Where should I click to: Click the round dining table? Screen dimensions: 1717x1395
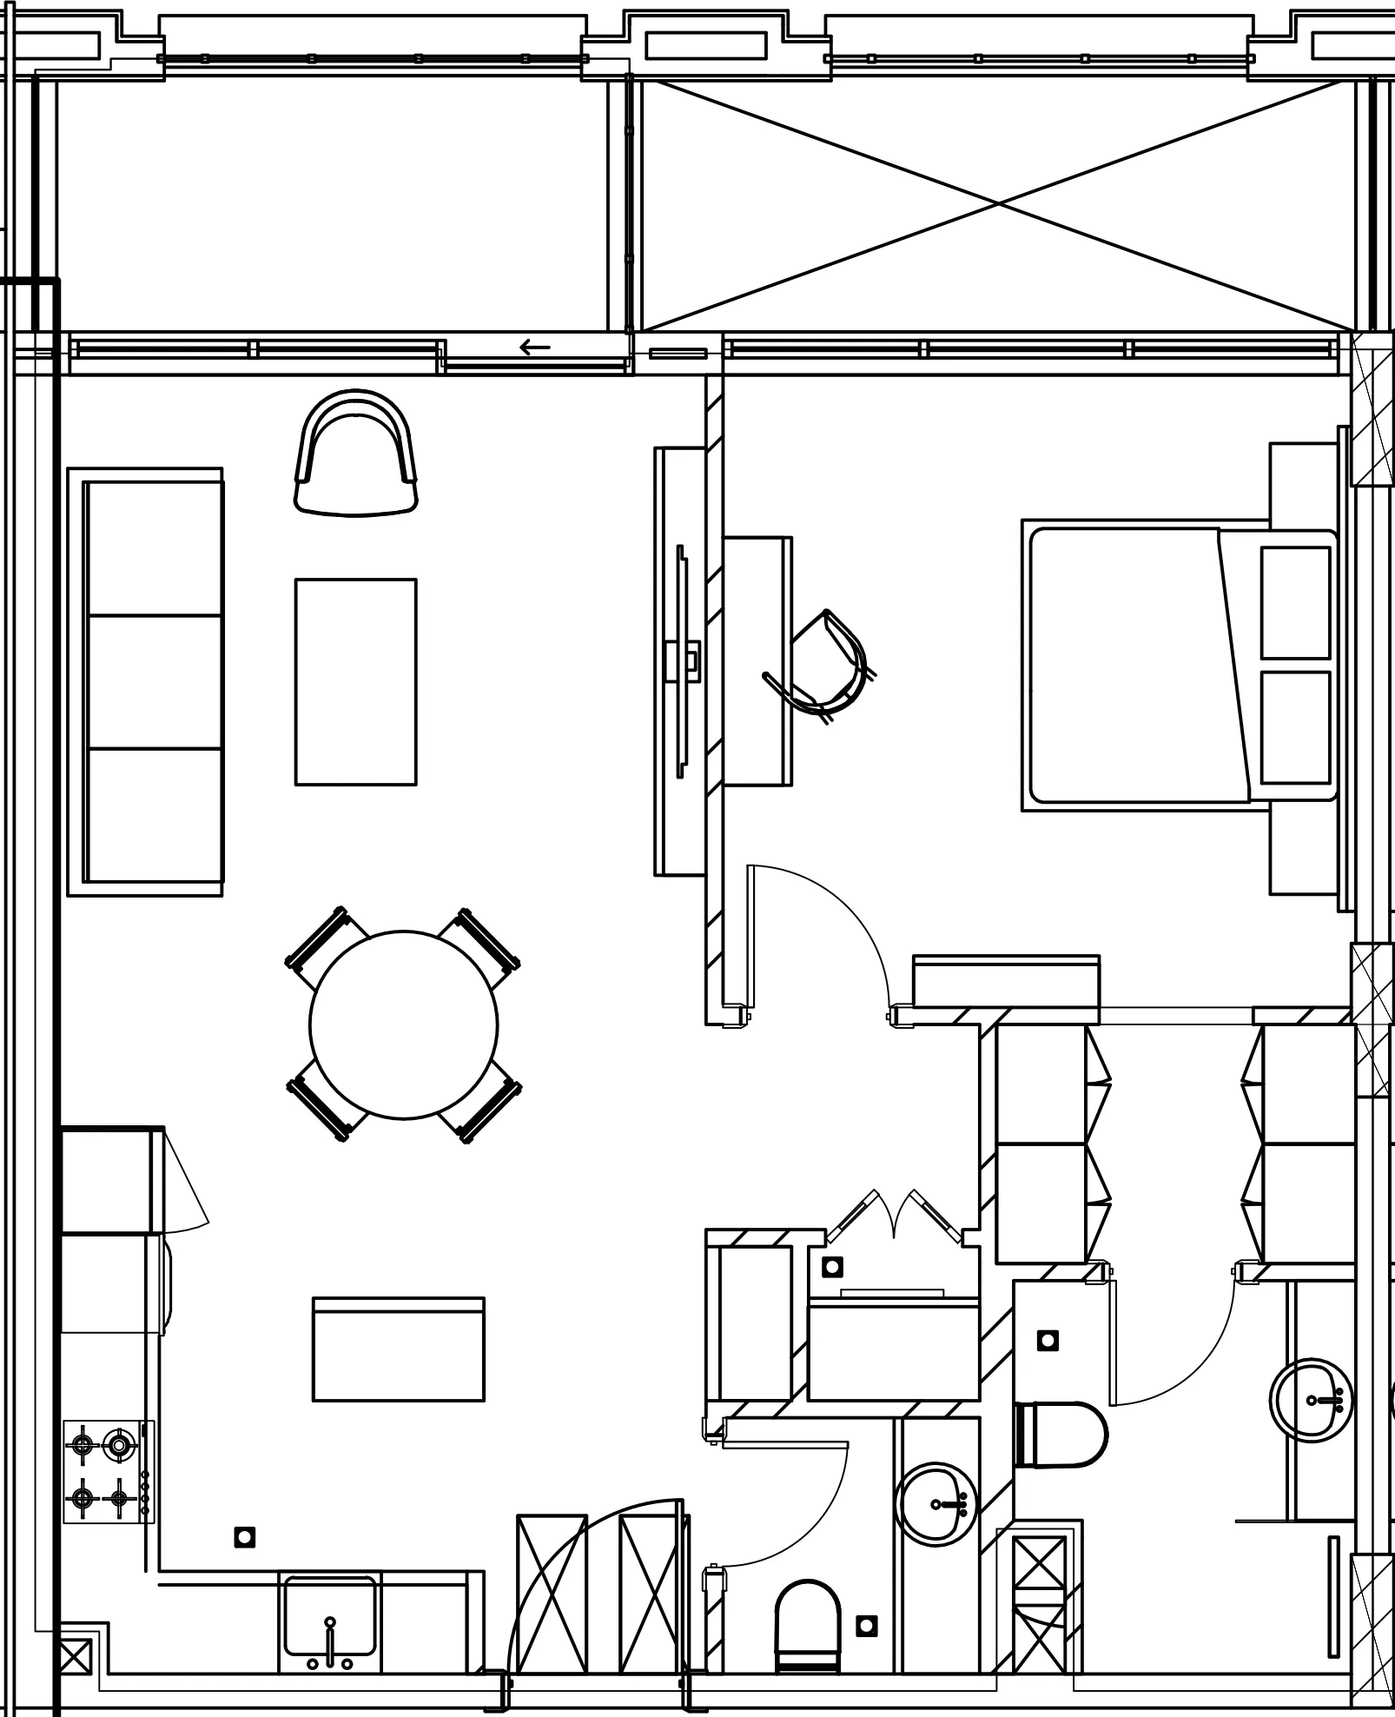pyautogui.click(x=403, y=1024)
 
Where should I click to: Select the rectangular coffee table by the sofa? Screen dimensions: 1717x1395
pyautogui.click(x=355, y=681)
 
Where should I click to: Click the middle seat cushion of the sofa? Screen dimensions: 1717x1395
pyautogui.click(x=155, y=682)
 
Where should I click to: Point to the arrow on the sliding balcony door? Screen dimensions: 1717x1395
pyautogui.click(x=535, y=348)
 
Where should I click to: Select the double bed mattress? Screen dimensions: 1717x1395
pyautogui.click(x=1129, y=665)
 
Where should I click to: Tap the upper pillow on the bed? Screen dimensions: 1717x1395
pyautogui.click(x=1295, y=602)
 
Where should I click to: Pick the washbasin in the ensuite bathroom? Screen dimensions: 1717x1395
pyautogui.click(x=1312, y=1401)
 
